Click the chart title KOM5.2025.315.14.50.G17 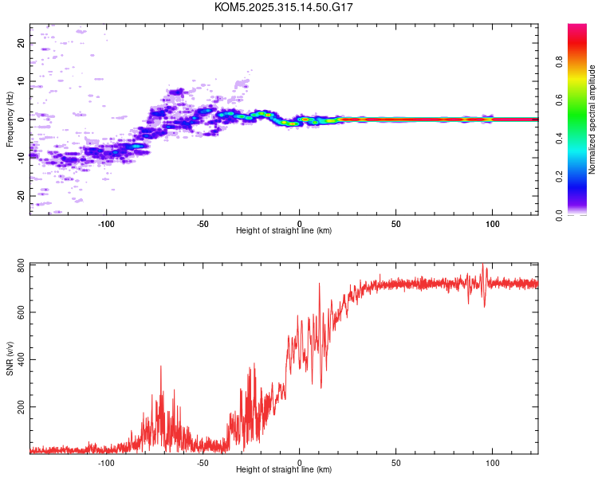[x=284, y=7]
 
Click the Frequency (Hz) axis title [x=10, y=119]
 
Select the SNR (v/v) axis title [x=10, y=358]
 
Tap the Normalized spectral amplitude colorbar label [x=592, y=119]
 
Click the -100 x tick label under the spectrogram [x=106, y=224]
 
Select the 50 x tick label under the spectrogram [x=396, y=224]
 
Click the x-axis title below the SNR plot [x=284, y=470]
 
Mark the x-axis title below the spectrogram [x=284, y=231]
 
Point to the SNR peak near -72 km [x=161, y=366]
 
